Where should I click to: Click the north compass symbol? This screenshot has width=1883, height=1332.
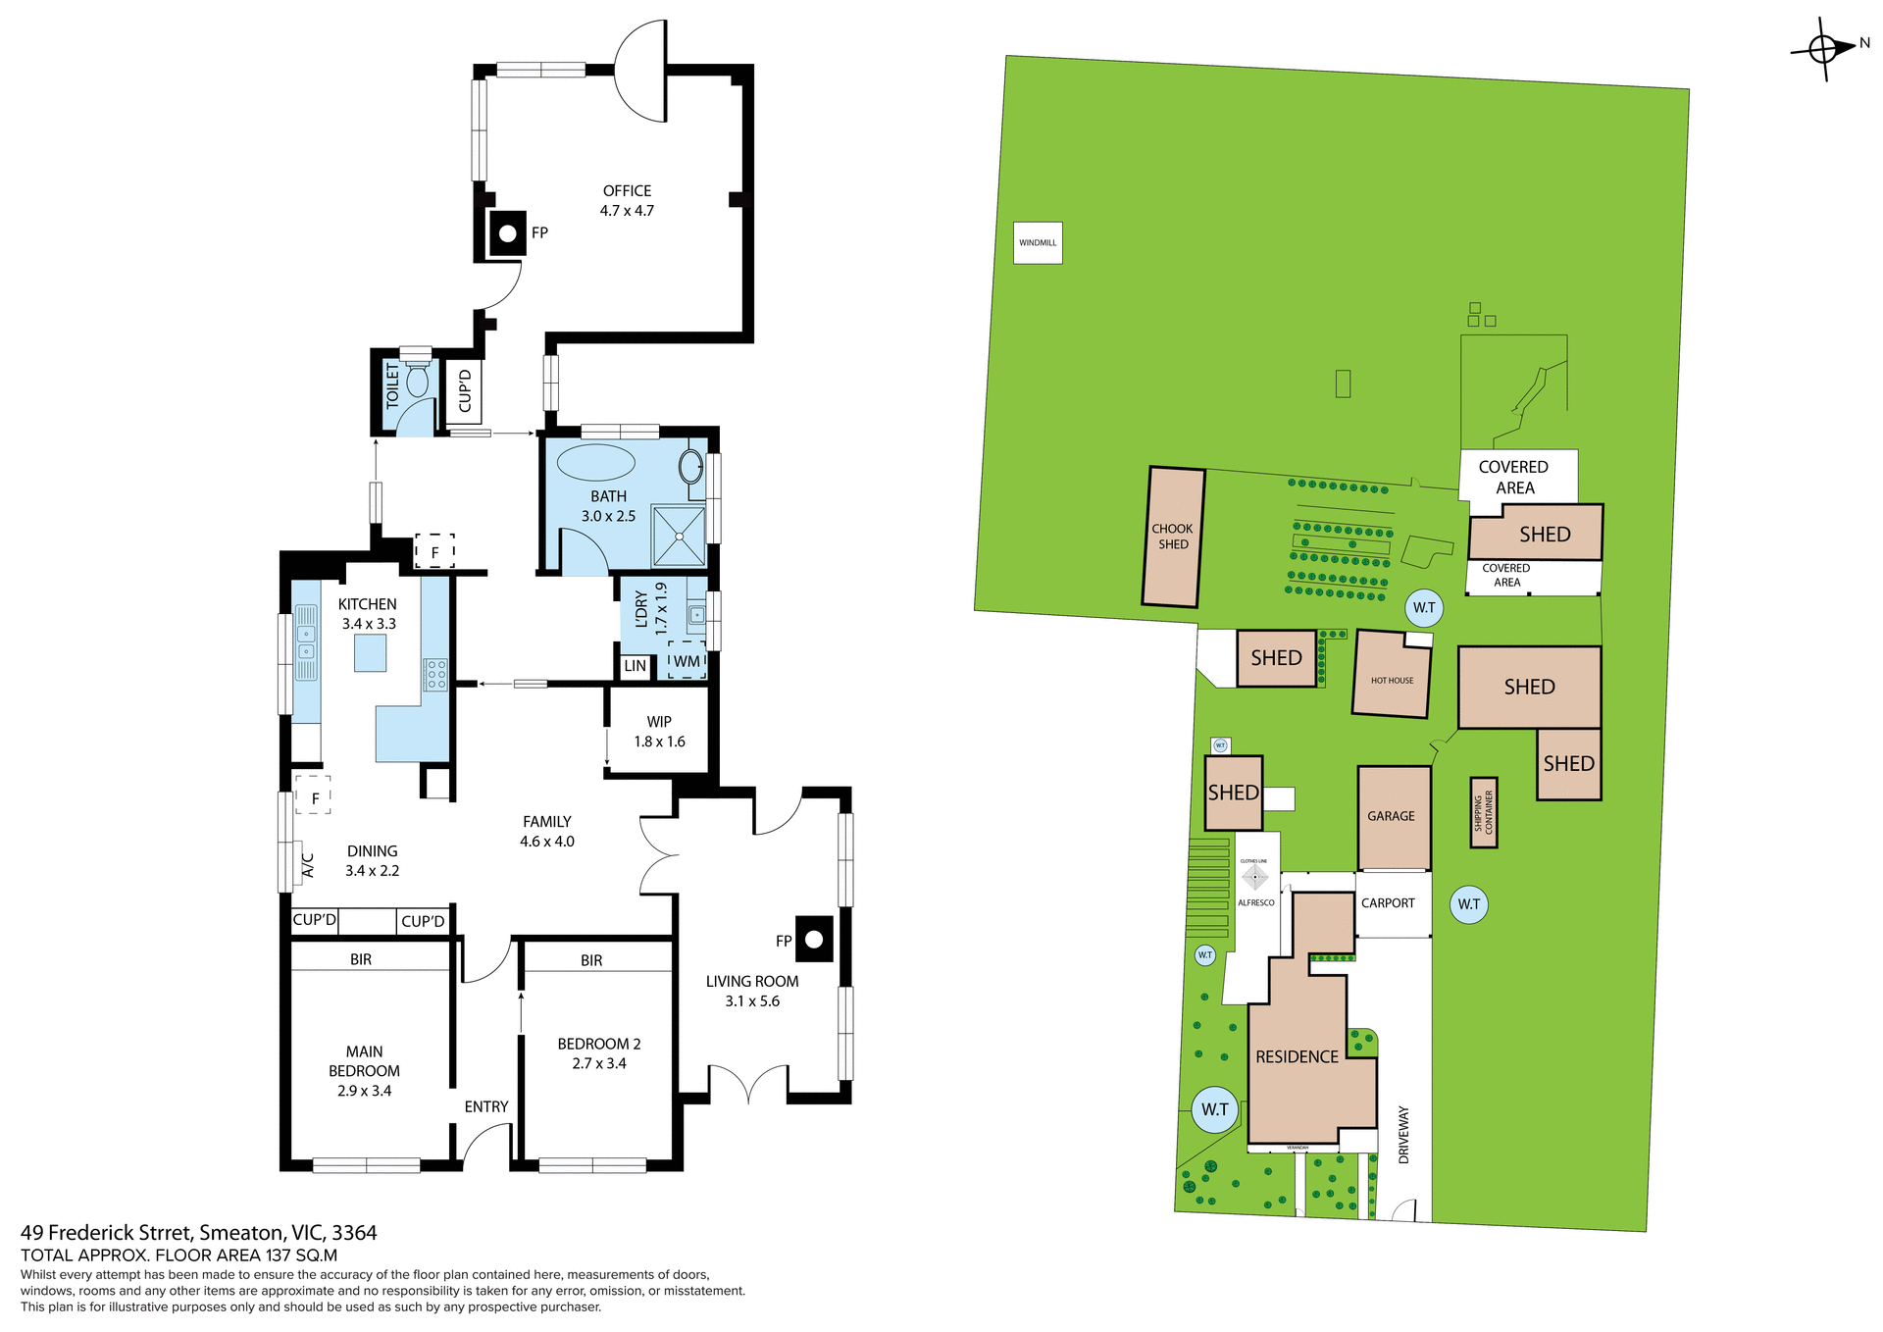tap(1823, 48)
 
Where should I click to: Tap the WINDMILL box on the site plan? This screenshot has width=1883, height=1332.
tap(1038, 243)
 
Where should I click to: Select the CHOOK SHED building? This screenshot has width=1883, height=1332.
tap(1173, 537)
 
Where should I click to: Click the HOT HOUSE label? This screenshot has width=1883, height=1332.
tap(1392, 680)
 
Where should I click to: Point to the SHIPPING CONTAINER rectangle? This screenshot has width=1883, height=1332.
tap(1483, 812)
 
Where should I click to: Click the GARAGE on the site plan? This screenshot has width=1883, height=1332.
tap(1393, 816)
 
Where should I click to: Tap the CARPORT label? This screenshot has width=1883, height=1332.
tap(1388, 903)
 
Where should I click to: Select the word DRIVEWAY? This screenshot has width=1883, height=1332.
tap(1403, 1135)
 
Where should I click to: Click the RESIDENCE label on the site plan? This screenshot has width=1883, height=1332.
tap(1297, 1056)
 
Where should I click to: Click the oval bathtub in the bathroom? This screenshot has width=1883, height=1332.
tap(595, 462)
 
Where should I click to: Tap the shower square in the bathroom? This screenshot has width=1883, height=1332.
tap(679, 537)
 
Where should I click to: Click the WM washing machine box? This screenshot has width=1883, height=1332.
tap(687, 661)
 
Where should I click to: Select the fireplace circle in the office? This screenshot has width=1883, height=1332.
tap(508, 234)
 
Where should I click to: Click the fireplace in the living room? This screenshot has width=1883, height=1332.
tap(814, 939)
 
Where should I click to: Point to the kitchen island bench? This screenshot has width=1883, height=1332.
tap(370, 653)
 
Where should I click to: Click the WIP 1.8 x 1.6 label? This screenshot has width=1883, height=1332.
tap(659, 732)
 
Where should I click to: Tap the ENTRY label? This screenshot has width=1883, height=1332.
tap(486, 1106)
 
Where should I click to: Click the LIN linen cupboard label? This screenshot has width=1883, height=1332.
tap(636, 666)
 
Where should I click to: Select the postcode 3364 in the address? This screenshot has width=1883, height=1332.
tap(354, 1233)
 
